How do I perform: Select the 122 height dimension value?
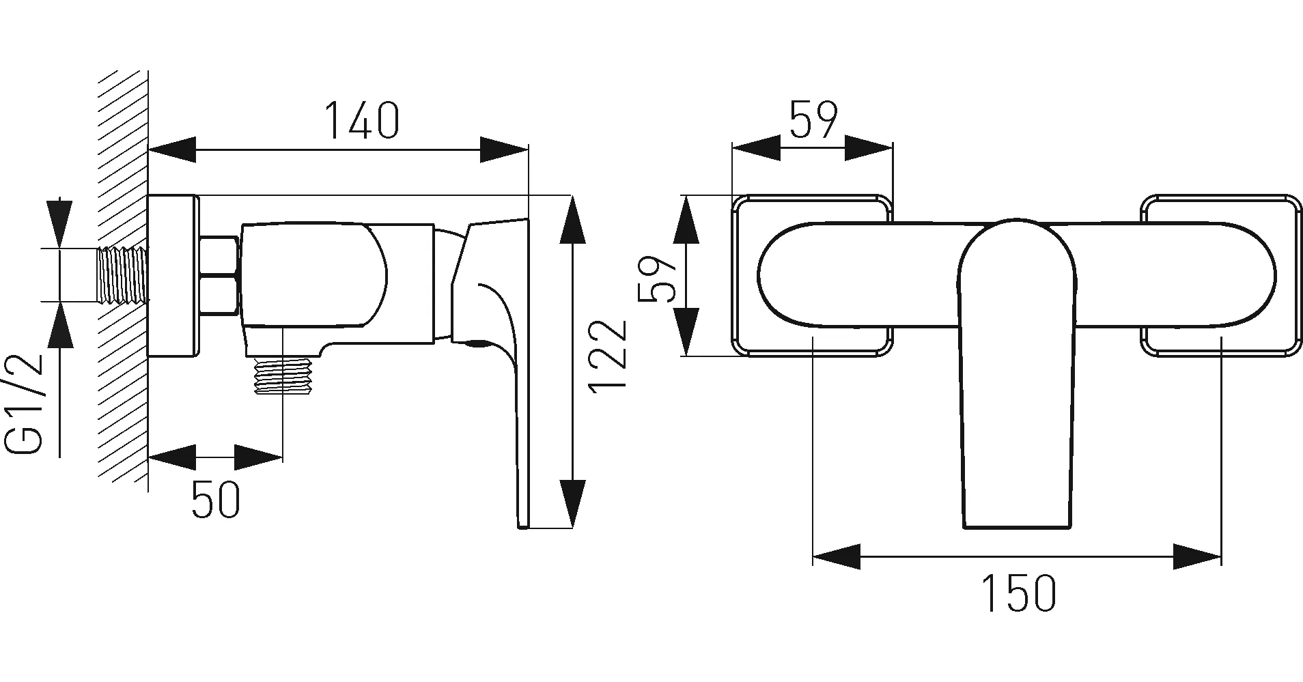pyautogui.click(x=606, y=355)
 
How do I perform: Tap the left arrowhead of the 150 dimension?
pyautogui.click(x=837, y=556)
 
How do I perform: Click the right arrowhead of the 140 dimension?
pyautogui.click(x=505, y=150)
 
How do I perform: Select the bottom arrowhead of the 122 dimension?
pyautogui.click(x=572, y=504)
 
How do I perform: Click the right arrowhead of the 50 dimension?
pyautogui.click(x=259, y=457)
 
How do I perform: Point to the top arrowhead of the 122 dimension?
pyautogui.click(x=572, y=219)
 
